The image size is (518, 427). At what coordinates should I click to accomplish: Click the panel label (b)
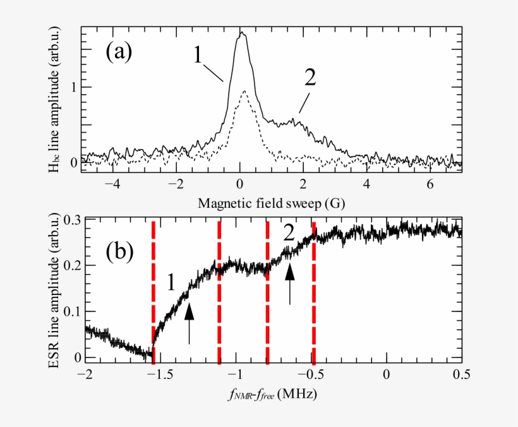click(118, 251)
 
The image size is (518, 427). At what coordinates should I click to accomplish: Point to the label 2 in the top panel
click(310, 77)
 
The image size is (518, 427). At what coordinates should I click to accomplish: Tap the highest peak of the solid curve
click(241, 34)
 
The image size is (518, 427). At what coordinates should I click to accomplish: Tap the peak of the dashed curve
click(244, 92)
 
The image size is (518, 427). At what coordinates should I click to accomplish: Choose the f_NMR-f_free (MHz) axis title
click(272, 395)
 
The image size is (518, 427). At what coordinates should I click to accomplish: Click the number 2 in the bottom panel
click(289, 234)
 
